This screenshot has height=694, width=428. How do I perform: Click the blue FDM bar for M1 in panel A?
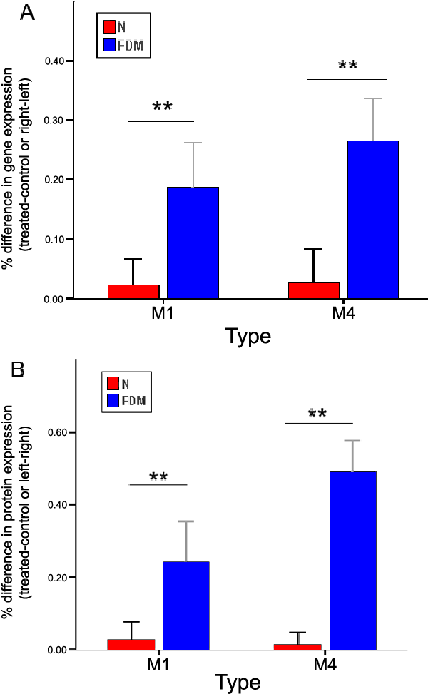coord(193,243)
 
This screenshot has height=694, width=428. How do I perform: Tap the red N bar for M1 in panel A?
coord(133,292)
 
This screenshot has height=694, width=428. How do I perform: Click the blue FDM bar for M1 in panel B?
coord(185,606)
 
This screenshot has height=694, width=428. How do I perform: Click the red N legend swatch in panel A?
coord(110,27)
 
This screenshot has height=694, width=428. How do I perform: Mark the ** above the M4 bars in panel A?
coord(347,67)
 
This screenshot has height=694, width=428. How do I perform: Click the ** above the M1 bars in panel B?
coord(158,476)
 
